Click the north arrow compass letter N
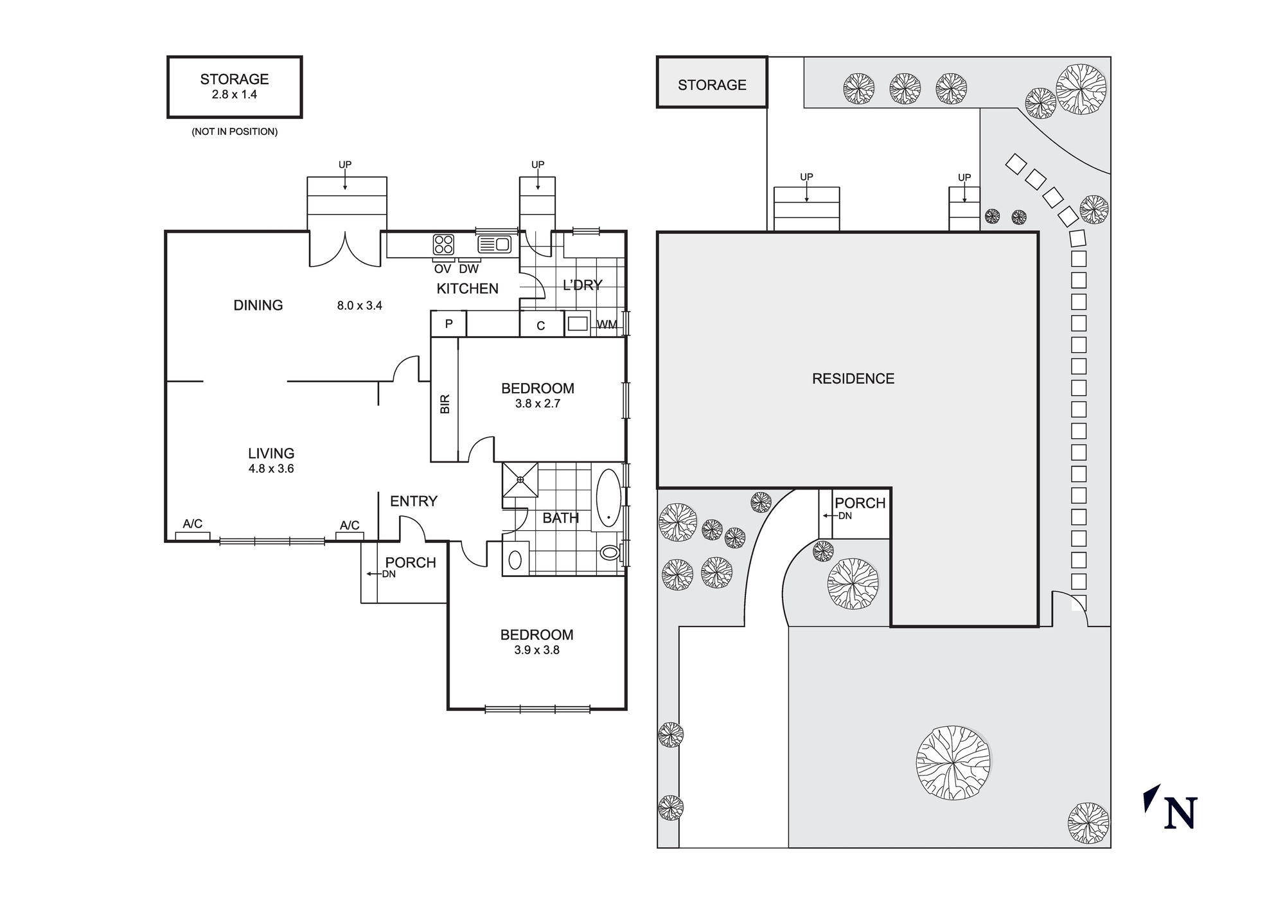click(x=1180, y=813)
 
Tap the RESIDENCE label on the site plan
click(x=853, y=378)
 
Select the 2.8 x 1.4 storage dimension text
click(x=234, y=94)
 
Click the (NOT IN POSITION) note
click(x=235, y=132)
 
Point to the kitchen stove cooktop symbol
click(x=443, y=244)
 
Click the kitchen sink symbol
click(x=494, y=244)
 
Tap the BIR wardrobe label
click(x=445, y=404)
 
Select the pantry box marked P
click(x=448, y=324)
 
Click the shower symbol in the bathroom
click(x=520, y=479)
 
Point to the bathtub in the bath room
click(x=608, y=498)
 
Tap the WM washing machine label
click(x=607, y=325)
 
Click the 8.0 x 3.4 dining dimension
click(x=359, y=306)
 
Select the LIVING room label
click(x=271, y=453)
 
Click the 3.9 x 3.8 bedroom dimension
click(x=536, y=650)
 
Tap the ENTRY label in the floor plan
click(x=413, y=501)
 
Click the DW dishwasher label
click(x=468, y=269)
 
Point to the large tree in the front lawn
click(x=953, y=763)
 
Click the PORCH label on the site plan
click(x=860, y=503)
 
